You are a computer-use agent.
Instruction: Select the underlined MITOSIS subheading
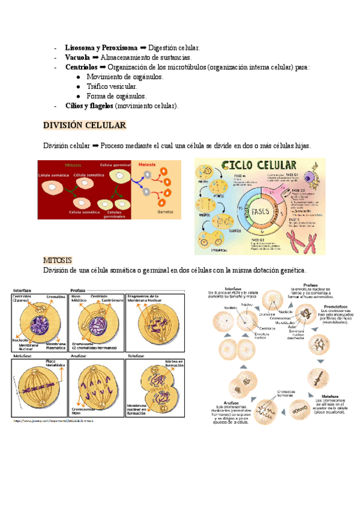tap(58, 260)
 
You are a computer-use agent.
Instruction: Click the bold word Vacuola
tap(77, 57)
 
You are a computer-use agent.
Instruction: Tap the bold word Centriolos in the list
tap(82, 67)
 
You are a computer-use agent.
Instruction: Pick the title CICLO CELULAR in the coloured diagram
tap(259, 165)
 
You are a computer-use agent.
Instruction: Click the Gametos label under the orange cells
tap(165, 212)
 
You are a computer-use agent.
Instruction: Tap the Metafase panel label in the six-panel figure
tap(22, 357)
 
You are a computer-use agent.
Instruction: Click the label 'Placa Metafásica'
tap(55, 363)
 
